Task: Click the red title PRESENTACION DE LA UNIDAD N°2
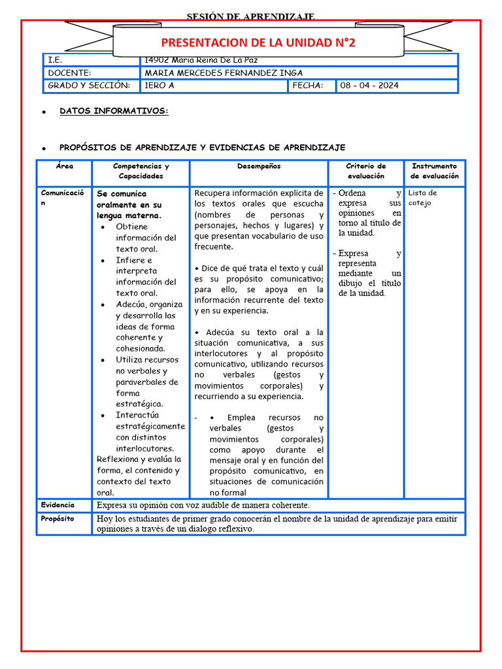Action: [258, 43]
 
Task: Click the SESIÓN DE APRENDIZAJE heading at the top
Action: [251, 16]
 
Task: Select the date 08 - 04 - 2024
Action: [369, 86]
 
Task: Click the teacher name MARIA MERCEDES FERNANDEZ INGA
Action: [224, 73]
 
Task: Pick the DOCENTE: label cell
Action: [69, 73]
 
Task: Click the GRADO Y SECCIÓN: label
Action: [89, 86]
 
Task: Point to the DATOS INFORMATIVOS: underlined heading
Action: [114, 111]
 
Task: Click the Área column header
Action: [64, 167]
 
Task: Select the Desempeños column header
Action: [259, 167]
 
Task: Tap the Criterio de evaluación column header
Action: [366, 171]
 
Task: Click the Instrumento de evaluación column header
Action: [435, 171]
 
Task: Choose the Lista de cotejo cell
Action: [423, 198]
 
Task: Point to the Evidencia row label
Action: [58, 505]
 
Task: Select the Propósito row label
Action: [58, 519]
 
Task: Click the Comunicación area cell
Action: [63, 198]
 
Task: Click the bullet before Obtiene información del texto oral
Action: [105, 227]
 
